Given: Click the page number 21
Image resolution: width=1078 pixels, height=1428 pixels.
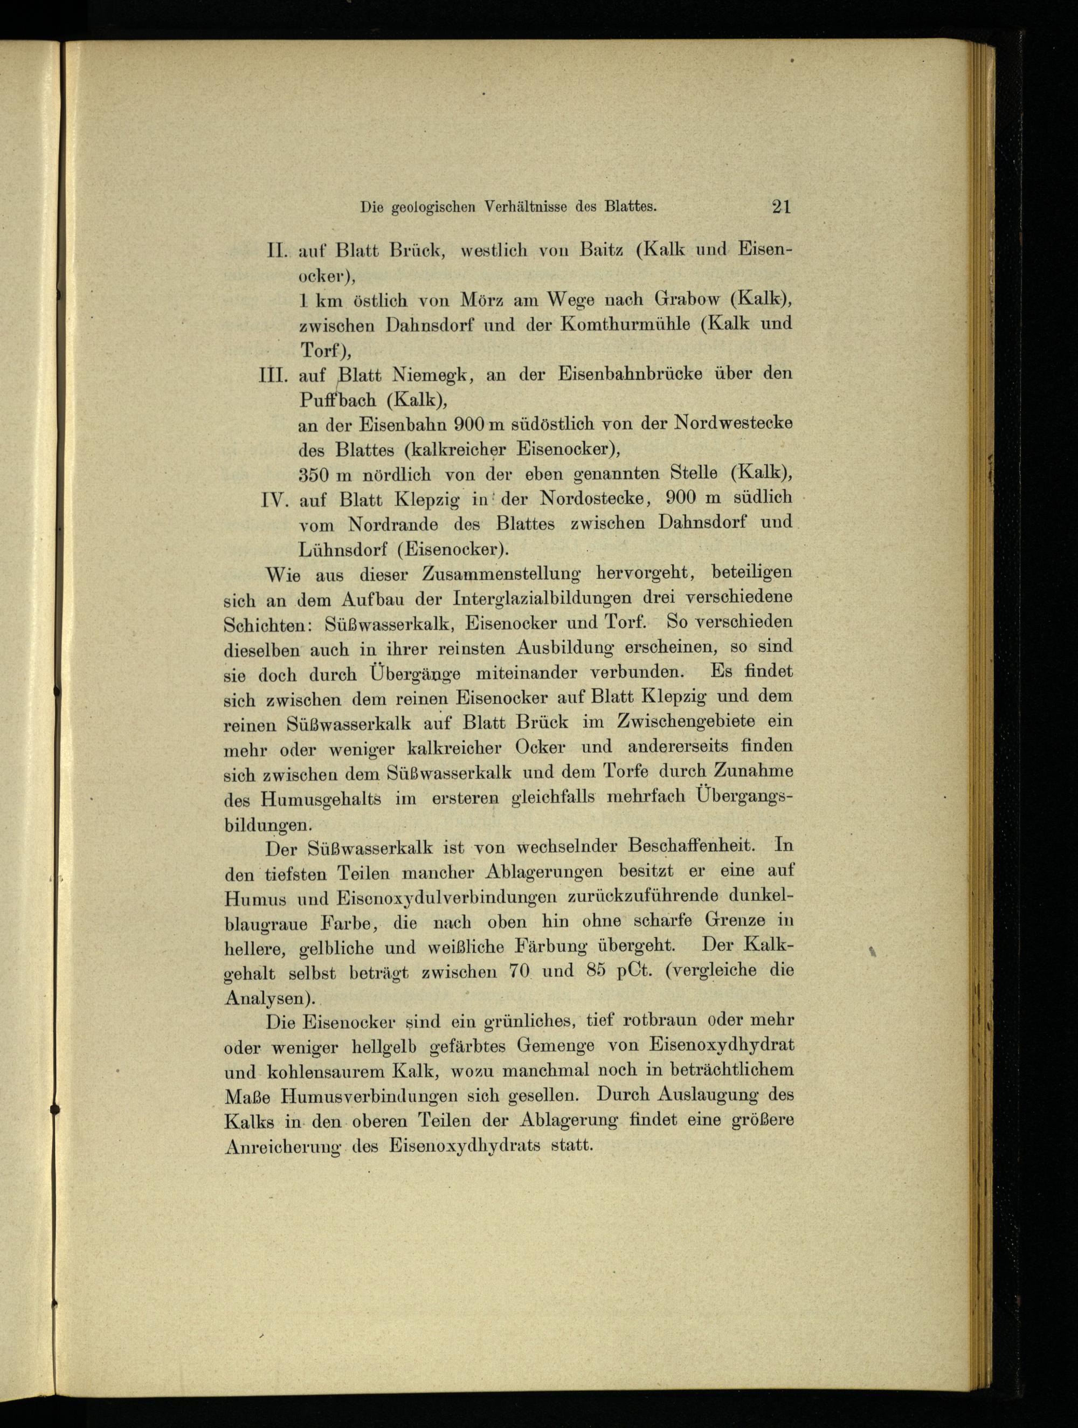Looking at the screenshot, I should pyautogui.click(x=780, y=206).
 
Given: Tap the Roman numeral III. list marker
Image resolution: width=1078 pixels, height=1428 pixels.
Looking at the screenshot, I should pyautogui.click(x=273, y=375).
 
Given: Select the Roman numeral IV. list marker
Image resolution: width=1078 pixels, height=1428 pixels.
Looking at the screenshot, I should pyautogui.click(x=275, y=500).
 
